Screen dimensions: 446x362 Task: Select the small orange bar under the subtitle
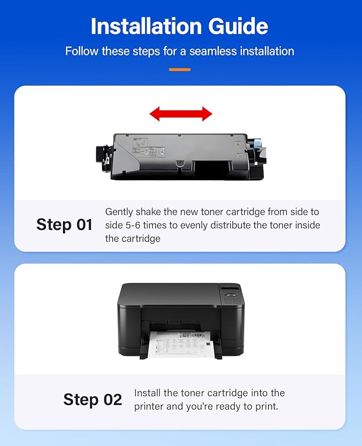click(x=180, y=69)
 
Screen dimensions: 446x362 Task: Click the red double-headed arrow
click(x=181, y=113)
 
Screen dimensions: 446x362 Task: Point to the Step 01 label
click(x=64, y=225)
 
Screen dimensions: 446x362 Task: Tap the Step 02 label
click(x=92, y=400)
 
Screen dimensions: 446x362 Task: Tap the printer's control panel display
click(x=230, y=291)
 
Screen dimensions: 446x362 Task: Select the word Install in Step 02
click(x=147, y=393)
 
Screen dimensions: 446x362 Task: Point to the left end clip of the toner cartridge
click(x=103, y=155)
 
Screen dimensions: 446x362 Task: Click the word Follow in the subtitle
click(x=79, y=52)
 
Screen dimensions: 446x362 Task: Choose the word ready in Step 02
click(x=226, y=407)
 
